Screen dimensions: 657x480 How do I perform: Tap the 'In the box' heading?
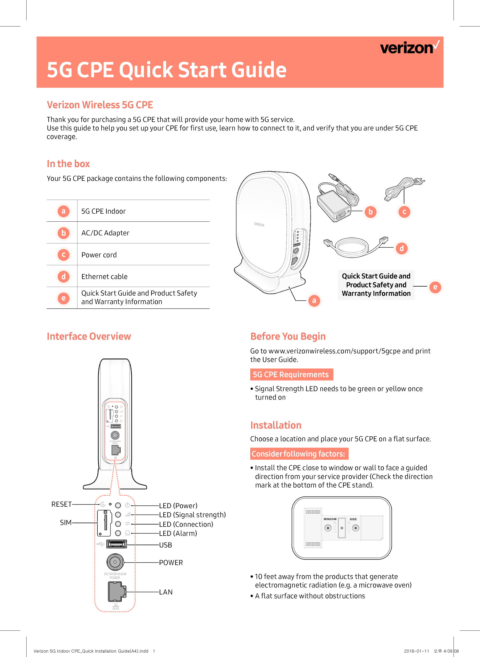[68, 164]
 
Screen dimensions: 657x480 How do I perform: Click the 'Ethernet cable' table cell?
[104, 277]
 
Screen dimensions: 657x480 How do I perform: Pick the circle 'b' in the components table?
[63, 233]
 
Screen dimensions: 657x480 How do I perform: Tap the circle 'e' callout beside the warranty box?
[435, 287]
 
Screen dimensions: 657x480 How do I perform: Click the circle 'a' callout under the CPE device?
[314, 300]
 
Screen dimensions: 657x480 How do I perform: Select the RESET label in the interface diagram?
[61, 504]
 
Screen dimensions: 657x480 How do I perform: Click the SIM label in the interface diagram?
[66, 522]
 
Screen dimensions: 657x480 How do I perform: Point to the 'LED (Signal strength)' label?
[192, 515]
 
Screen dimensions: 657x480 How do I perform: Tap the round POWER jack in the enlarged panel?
[115, 562]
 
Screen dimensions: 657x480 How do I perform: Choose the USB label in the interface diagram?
[166, 545]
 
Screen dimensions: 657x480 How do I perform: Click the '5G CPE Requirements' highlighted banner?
[291, 375]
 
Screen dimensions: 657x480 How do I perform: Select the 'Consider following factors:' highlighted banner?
[299, 454]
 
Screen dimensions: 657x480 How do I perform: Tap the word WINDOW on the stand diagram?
[330, 519]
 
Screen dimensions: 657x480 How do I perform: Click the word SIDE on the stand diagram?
[353, 519]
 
